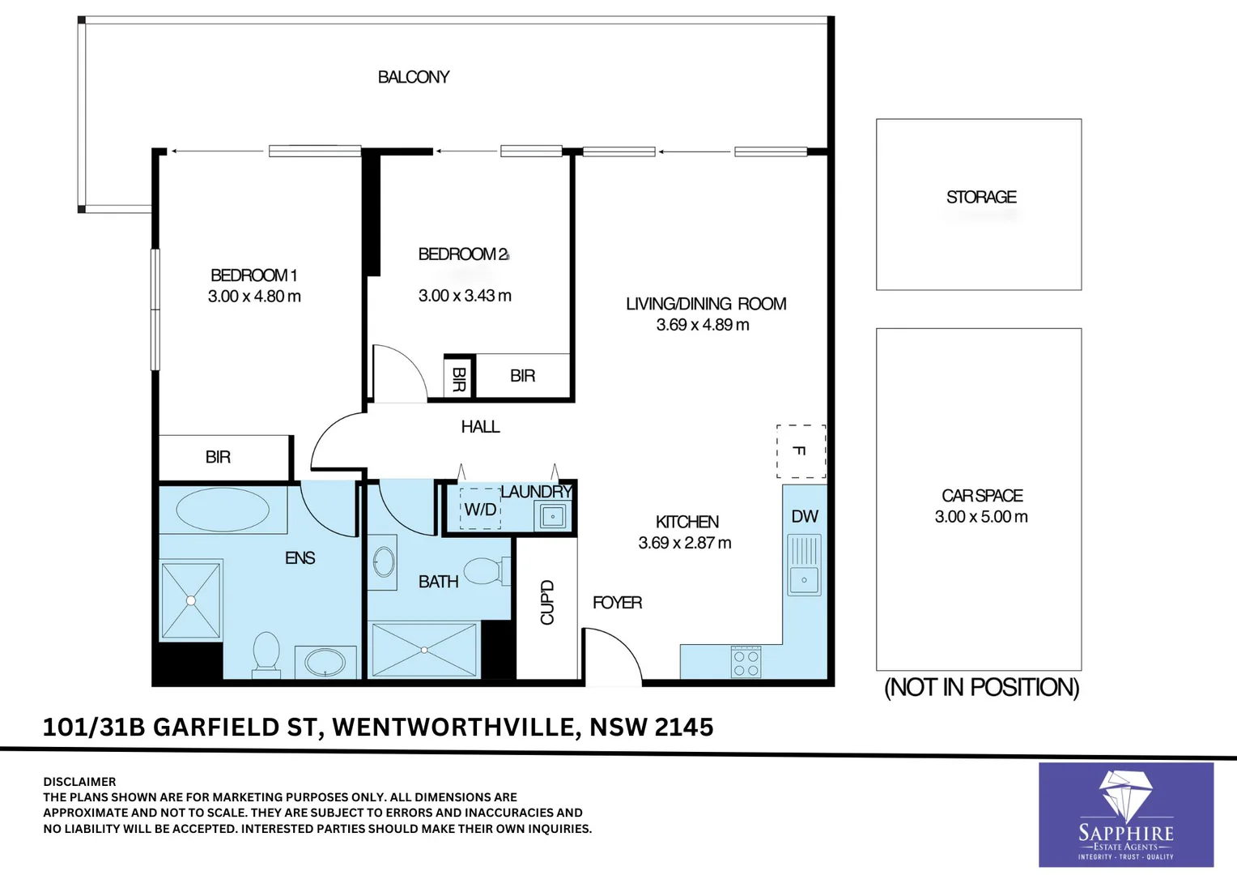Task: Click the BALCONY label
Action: (413, 77)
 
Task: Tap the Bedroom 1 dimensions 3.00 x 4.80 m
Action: (254, 297)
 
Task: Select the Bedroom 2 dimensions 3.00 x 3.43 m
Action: (465, 296)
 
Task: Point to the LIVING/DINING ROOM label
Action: (706, 304)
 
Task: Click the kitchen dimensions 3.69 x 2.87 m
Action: (685, 543)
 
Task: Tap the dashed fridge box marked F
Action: (801, 451)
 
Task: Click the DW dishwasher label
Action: (805, 516)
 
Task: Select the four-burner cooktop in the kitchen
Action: (746, 662)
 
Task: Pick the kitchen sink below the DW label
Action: (804, 565)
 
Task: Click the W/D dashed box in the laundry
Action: (480, 509)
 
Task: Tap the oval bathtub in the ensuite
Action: (223, 510)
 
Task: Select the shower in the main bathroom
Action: (424, 650)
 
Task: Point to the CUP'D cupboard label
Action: (546, 602)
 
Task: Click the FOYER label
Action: (618, 603)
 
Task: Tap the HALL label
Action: (480, 427)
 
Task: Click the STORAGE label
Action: (981, 197)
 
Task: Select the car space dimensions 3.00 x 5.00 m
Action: (981, 517)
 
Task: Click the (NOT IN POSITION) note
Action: (981, 688)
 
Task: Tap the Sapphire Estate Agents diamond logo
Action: (1126, 800)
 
